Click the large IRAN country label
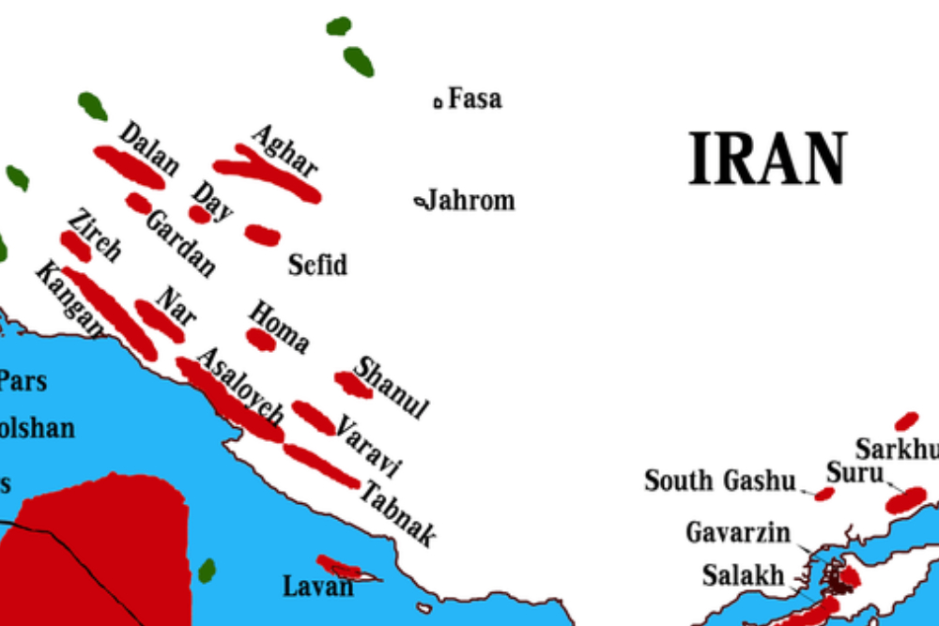(x=768, y=160)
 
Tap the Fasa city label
(x=474, y=99)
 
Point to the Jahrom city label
(x=469, y=200)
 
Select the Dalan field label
(x=148, y=148)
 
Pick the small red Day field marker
(x=199, y=214)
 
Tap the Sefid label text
(x=317, y=265)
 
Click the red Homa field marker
(x=261, y=339)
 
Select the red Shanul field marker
(x=352, y=383)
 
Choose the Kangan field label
(x=68, y=298)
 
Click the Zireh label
(x=94, y=235)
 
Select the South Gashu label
(x=719, y=481)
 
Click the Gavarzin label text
(x=737, y=533)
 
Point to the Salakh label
(x=743, y=574)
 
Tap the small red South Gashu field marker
(x=824, y=494)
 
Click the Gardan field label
(x=180, y=243)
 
